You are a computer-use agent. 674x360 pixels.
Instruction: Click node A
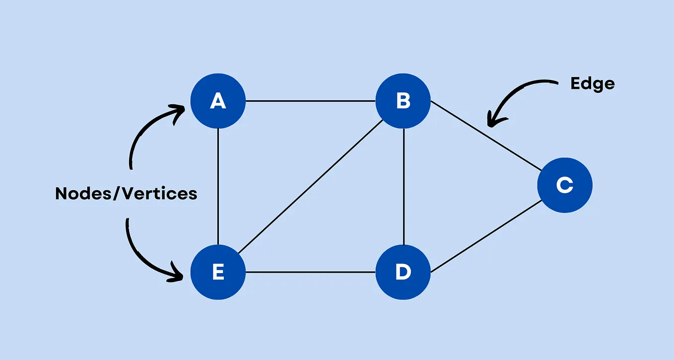point(218,101)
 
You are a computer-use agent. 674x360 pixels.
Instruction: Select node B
point(403,101)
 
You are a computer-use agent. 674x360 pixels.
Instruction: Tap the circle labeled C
point(564,185)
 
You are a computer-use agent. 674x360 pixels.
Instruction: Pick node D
point(403,272)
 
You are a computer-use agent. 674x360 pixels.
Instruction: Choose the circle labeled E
point(218,272)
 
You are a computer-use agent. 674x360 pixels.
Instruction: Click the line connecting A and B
point(310,101)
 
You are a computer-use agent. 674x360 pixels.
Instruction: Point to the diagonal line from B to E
point(310,187)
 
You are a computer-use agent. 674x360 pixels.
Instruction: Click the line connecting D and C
point(485,237)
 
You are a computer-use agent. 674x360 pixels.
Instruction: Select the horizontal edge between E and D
point(310,272)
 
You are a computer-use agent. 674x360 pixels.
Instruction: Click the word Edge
point(593,83)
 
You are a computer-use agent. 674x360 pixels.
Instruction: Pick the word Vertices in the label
point(160,193)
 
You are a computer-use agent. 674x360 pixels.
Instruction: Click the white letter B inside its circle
point(403,101)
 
